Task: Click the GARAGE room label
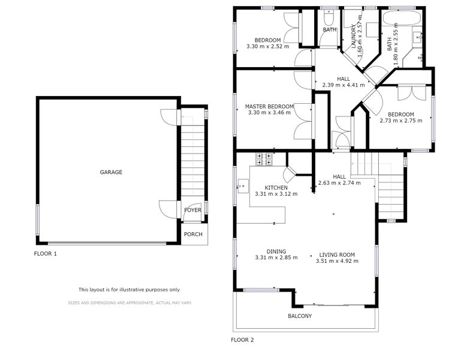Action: click(x=111, y=172)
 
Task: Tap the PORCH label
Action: click(x=193, y=234)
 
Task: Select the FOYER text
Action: click(x=193, y=210)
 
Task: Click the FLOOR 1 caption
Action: click(x=46, y=254)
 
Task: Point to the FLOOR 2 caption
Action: click(x=242, y=340)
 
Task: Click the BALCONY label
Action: click(x=300, y=316)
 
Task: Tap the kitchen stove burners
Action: click(x=264, y=160)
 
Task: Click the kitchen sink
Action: click(x=243, y=186)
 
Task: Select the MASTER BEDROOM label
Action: click(x=269, y=106)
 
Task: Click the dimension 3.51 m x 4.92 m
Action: click(x=337, y=261)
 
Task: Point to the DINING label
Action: click(x=276, y=251)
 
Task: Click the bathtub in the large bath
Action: click(x=401, y=18)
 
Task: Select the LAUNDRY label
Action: click(x=354, y=36)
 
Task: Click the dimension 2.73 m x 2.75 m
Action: click(x=401, y=121)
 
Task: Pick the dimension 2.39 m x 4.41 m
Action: click(x=343, y=85)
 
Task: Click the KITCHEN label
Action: click(x=276, y=188)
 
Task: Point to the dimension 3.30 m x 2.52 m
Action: click(x=268, y=46)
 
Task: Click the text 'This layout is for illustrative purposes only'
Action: click(x=129, y=290)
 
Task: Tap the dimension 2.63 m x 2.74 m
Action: click(x=339, y=183)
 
